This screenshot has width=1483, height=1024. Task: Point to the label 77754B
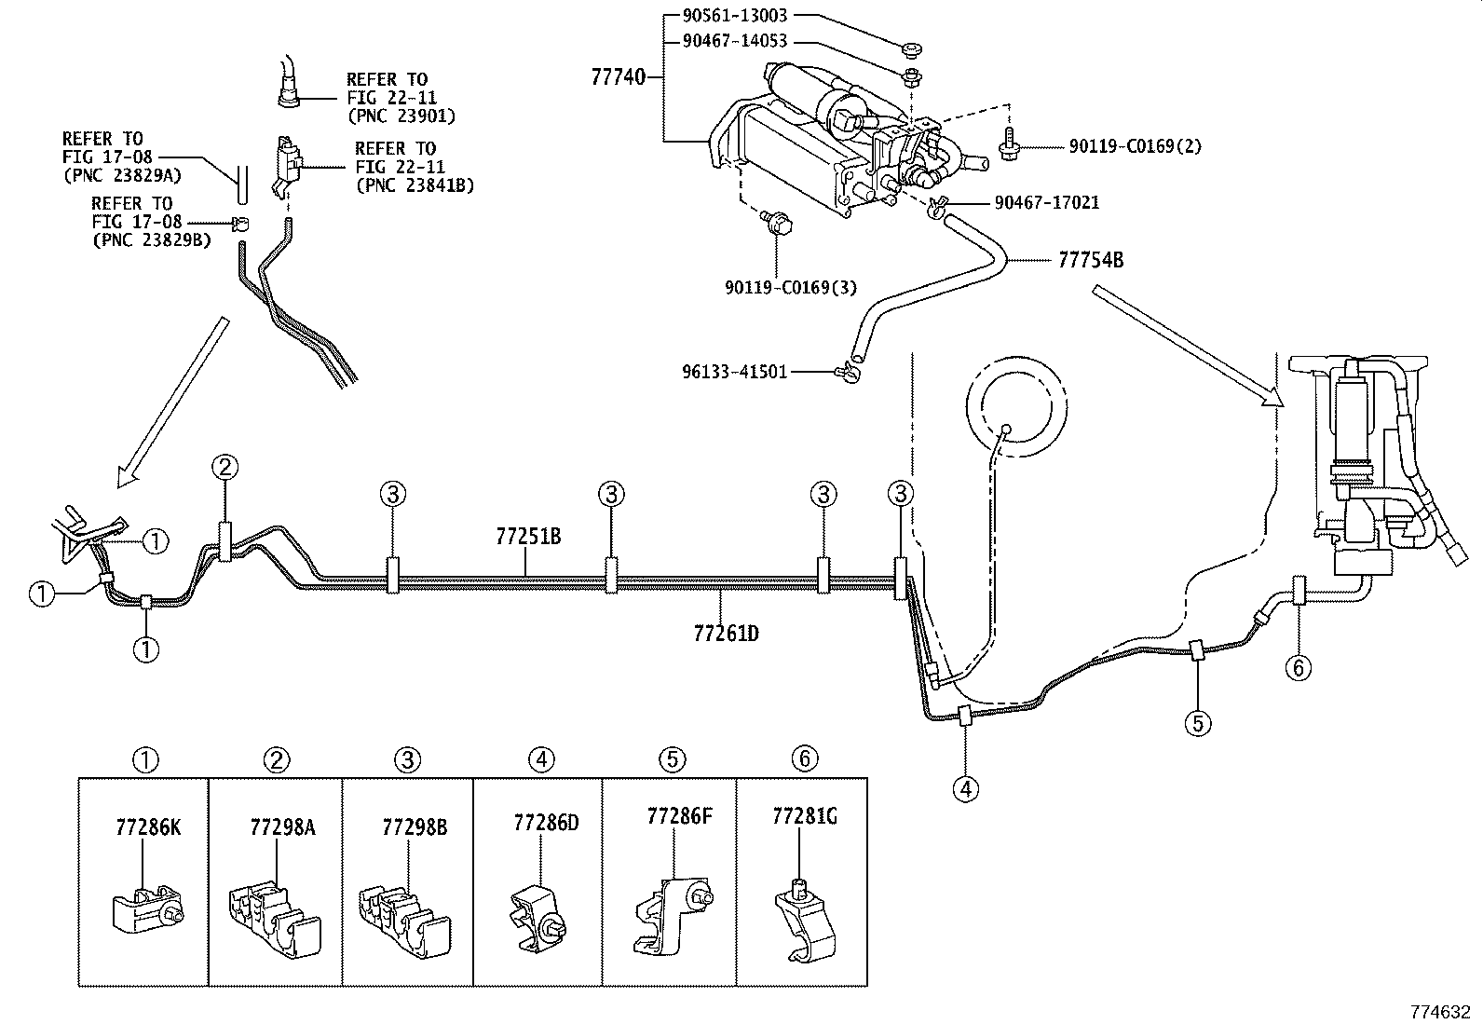[1090, 260]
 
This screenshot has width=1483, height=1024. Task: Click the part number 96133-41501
[735, 372]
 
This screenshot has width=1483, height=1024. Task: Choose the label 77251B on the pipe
[528, 537]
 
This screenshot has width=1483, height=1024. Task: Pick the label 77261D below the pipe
[726, 634]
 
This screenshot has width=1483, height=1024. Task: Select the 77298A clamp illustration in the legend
[275, 918]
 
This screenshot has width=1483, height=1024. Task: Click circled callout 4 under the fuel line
[966, 788]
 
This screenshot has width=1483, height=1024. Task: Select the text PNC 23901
[401, 116]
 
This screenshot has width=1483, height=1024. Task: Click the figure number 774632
[1443, 1011]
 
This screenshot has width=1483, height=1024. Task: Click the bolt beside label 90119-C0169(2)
[1010, 146]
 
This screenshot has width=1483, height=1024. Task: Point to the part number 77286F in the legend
[679, 816]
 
